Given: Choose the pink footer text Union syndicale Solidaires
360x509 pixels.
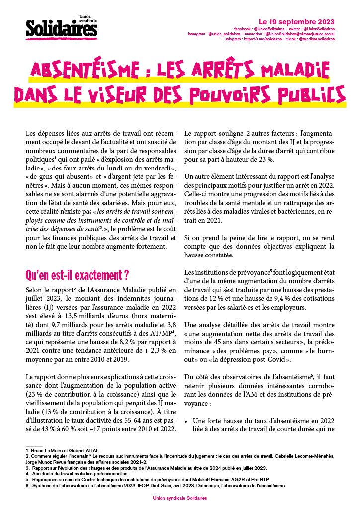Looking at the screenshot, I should pyautogui.click(x=180, y=497).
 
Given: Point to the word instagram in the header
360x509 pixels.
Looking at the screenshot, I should pyautogui.click(x=196, y=34).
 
